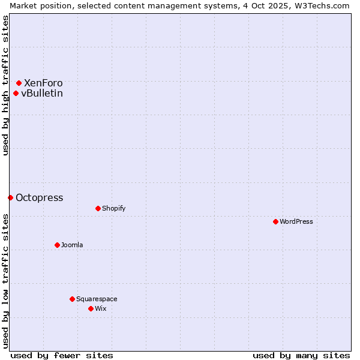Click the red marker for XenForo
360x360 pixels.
(x=19, y=83)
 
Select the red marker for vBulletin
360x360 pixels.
(x=16, y=93)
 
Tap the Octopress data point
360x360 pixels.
(x=11, y=197)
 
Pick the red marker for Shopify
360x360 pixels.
(x=98, y=208)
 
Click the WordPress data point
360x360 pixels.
(x=275, y=221)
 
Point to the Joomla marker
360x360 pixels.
(x=57, y=245)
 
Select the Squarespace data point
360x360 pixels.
(x=72, y=299)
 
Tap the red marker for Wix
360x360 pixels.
(x=91, y=308)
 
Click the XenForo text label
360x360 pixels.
(x=43, y=83)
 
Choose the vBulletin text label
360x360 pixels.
(x=42, y=93)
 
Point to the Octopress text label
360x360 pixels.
(x=39, y=197)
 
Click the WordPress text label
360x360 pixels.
(x=296, y=221)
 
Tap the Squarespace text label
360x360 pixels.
(x=97, y=299)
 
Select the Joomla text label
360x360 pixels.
(x=72, y=245)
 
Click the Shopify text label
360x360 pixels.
(x=113, y=208)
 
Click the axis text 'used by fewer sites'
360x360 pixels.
(x=62, y=355)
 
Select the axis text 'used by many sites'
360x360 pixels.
(x=301, y=355)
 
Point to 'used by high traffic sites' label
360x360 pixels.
(x=5, y=85)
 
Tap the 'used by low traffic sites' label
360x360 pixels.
(x=5, y=281)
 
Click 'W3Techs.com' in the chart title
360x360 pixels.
(x=323, y=5)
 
